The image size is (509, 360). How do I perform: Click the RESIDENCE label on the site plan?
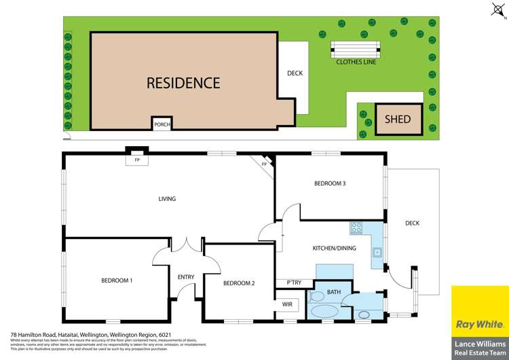[x=183, y=83]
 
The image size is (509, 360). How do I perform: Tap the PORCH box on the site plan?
[x=162, y=124]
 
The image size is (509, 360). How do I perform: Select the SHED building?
[x=398, y=119]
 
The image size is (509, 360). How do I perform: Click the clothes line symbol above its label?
[x=355, y=48]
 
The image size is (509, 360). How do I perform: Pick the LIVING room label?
[x=167, y=199]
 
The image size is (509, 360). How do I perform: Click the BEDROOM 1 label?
[x=117, y=281]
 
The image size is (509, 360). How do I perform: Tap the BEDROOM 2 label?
[x=239, y=283]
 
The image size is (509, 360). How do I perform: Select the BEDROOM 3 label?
[x=331, y=183]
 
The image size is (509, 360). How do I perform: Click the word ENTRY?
[x=186, y=276]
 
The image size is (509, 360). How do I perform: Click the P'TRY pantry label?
[x=293, y=283]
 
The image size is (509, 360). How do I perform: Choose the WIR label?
[x=286, y=304]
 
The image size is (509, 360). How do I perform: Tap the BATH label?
[x=334, y=292]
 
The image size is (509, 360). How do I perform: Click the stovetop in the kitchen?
[x=358, y=228]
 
